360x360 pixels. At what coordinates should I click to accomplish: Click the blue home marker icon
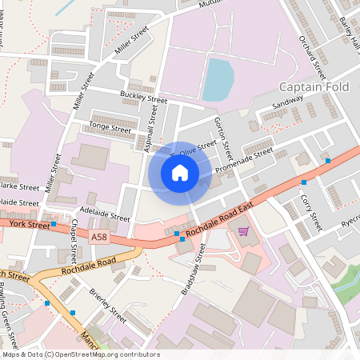(x=180, y=173)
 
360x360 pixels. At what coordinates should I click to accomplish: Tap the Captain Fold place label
(x=316, y=86)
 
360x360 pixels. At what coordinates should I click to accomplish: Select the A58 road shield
(x=99, y=238)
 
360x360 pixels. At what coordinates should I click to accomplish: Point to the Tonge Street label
(x=110, y=127)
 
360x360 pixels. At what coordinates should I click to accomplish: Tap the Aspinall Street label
(x=150, y=123)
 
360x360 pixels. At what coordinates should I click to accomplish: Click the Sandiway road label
(x=288, y=104)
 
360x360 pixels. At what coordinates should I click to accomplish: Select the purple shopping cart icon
(x=243, y=230)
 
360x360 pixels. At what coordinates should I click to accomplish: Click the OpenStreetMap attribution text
(x=80, y=354)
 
